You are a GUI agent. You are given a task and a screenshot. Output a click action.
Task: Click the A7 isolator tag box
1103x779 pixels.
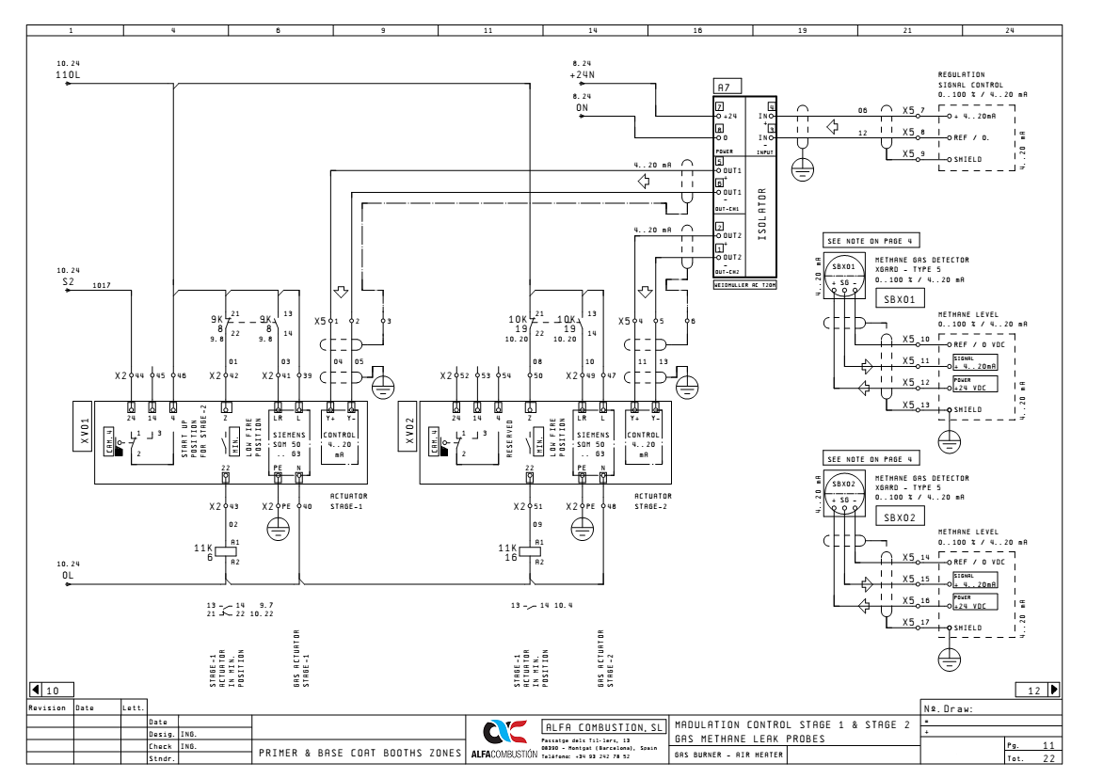pos(724,87)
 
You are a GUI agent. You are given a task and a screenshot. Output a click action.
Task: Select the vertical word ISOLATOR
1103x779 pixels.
pos(762,215)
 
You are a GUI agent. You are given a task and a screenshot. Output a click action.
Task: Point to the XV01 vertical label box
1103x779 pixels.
pos(84,432)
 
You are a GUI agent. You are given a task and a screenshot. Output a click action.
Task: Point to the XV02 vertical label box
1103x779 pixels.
pos(408,432)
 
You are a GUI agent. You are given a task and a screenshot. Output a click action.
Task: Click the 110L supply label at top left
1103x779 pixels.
pos(68,72)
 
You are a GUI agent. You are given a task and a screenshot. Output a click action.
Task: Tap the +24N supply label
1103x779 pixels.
pos(582,72)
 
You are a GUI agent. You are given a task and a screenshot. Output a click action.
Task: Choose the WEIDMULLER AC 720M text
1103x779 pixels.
pos(744,284)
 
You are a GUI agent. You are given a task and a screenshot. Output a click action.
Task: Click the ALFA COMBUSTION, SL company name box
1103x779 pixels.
pos(603,727)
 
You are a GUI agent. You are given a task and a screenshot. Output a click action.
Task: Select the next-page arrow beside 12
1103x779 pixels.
pos(1054,690)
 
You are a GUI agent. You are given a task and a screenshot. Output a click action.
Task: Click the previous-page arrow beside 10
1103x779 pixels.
pos(36,690)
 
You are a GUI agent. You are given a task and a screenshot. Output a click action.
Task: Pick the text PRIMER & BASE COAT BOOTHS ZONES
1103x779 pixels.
pos(360,754)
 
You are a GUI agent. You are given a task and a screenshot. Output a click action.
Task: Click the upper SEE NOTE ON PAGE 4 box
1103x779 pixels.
pos(857,241)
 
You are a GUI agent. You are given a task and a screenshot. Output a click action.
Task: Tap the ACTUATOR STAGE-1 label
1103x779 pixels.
pos(348,500)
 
